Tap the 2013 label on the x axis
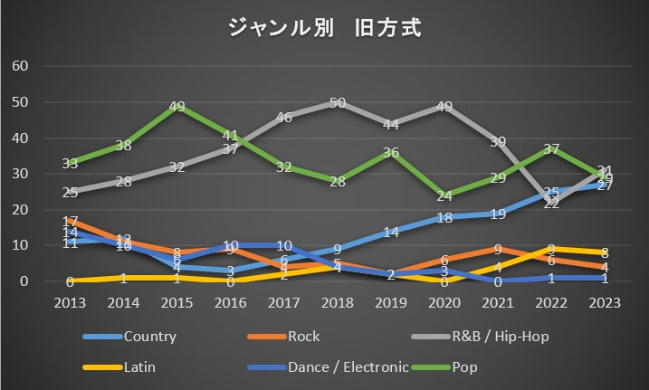[x=72, y=302]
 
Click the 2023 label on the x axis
[x=606, y=302]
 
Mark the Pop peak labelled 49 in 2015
[x=178, y=107]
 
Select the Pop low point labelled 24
[x=444, y=196]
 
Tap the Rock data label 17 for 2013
[x=72, y=221]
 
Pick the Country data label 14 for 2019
[x=391, y=232]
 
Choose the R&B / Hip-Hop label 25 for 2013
[x=72, y=192]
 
